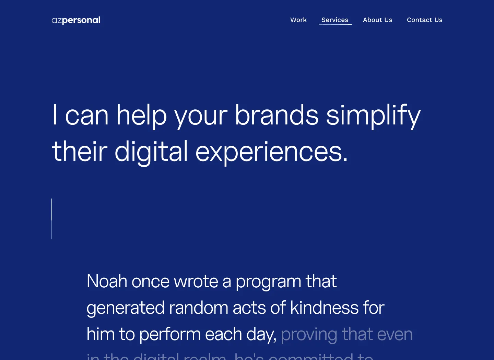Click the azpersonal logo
pos(76,20)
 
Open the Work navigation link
pos(298,20)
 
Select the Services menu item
pos(335,20)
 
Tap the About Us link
pos(377,20)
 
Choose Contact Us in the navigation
pos(424,20)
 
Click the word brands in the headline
pos(277,115)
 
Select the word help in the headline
pos(141,116)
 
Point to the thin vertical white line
pos(52,219)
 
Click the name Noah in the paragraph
pos(107,281)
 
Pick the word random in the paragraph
pos(198,308)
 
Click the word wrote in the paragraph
pos(196,281)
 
